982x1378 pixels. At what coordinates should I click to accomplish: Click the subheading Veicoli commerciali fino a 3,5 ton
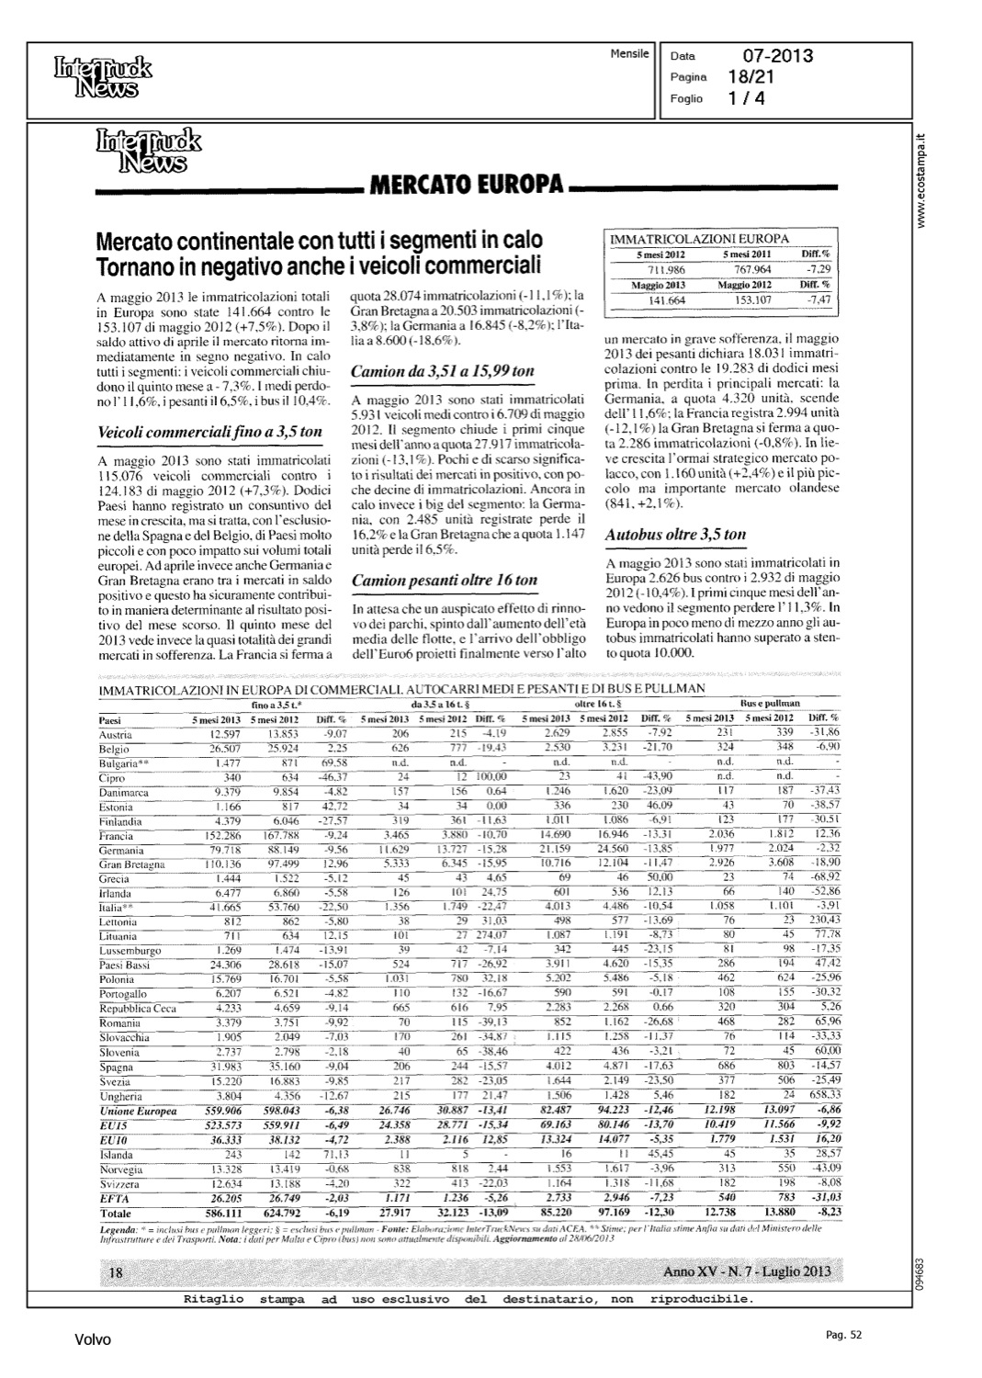[209, 431]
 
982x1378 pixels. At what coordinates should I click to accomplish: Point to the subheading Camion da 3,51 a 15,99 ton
[443, 372]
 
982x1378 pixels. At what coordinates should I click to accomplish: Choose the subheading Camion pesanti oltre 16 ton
[445, 580]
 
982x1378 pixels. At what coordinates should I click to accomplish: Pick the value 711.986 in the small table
[668, 269]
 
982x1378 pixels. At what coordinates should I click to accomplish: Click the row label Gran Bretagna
[131, 864]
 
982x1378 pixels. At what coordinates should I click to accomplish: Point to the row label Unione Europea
[138, 1111]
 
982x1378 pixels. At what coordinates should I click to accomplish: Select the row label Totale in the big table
[116, 1213]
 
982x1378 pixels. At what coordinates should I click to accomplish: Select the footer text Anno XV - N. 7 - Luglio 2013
[746, 1271]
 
